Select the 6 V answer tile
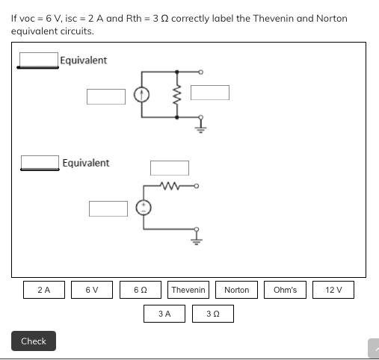click(90, 290)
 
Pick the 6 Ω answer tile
click(138, 290)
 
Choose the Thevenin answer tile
click(188, 290)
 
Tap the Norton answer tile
click(236, 290)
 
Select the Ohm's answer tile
click(285, 290)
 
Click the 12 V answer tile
click(333, 290)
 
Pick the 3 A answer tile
click(164, 314)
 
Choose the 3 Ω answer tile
click(212, 314)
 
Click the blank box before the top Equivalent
click(39, 59)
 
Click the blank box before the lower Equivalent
click(40, 162)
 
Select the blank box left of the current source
click(105, 96)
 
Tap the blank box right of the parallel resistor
click(209, 92)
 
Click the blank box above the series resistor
click(170, 168)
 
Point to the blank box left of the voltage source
click(108, 208)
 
